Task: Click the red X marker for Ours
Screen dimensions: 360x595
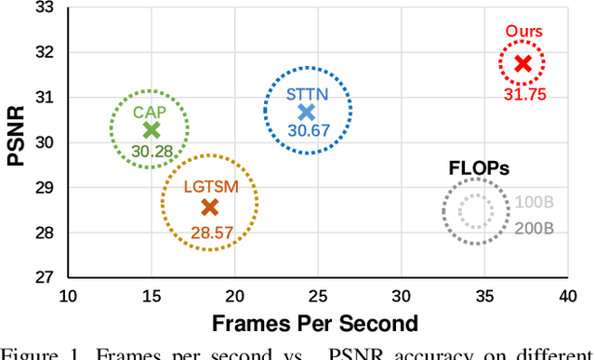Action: coord(522,63)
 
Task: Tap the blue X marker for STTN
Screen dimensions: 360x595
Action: coord(307,113)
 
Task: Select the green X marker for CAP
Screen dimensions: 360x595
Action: coord(151,130)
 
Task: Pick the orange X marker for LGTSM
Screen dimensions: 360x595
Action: coord(209,207)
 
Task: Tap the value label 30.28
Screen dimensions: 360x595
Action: coord(151,151)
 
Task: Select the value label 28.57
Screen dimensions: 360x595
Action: coord(209,232)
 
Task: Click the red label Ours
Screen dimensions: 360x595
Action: coord(523,32)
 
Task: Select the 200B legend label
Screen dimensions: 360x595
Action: coord(535,228)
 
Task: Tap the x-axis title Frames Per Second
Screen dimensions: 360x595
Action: coord(317,323)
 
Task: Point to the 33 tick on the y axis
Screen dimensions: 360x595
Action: coord(42,8)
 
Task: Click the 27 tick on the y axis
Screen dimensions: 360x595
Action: coord(42,277)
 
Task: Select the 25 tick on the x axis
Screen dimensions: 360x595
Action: coord(318,296)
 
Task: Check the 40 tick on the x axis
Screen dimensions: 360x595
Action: coord(567,296)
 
